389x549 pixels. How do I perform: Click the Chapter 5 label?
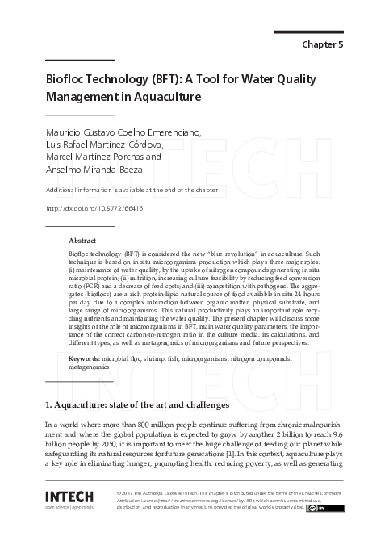coord(321,44)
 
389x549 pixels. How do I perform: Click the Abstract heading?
coord(82,241)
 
